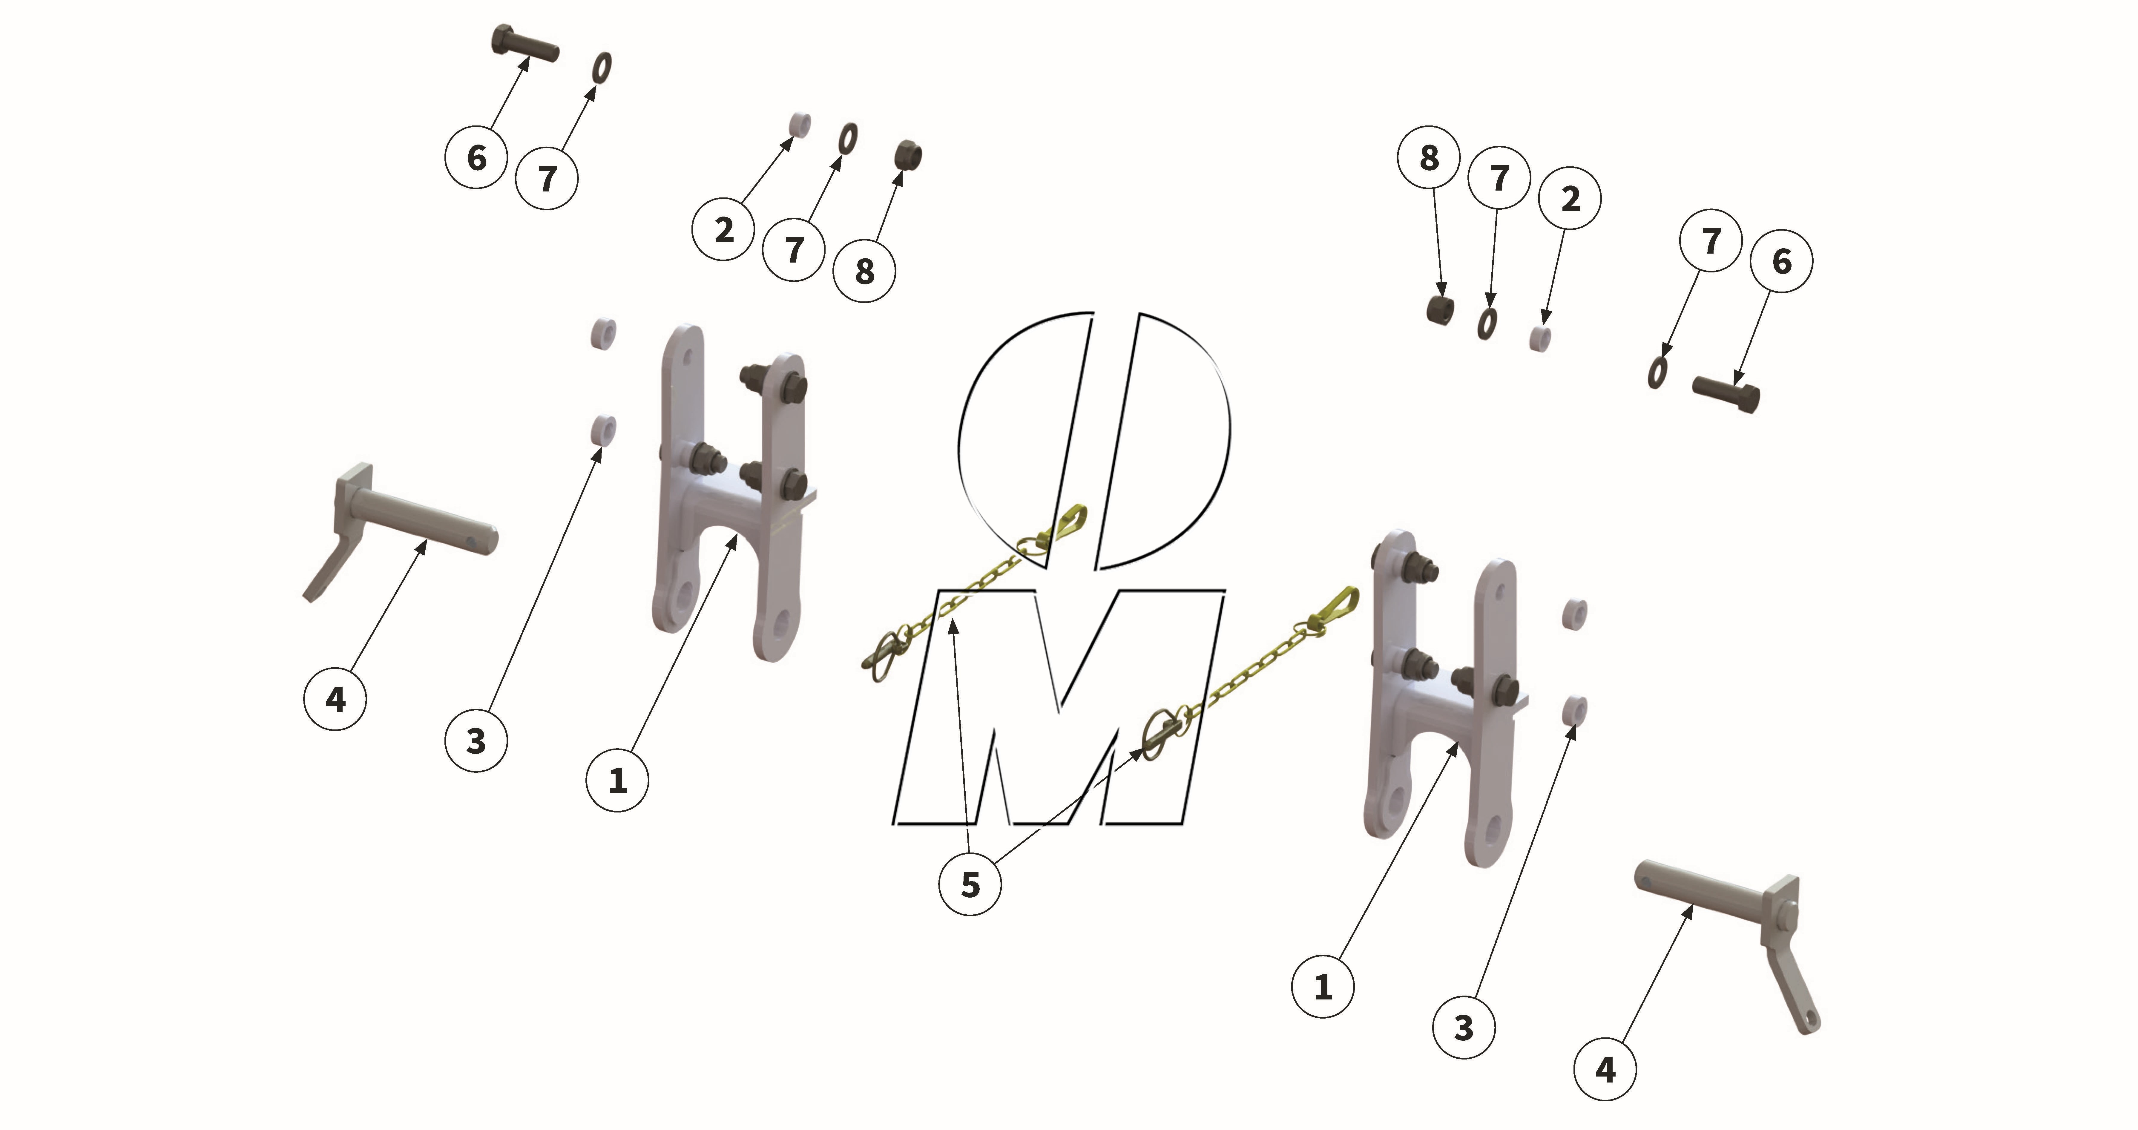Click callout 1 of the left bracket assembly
pyautogui.click(x=617, y=781)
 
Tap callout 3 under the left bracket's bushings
pyautogui.click(x=476, y=740)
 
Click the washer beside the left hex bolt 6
pyautogui.click(x=602, y=68)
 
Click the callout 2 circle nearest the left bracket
pyautogui.click(x=723, y=230)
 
